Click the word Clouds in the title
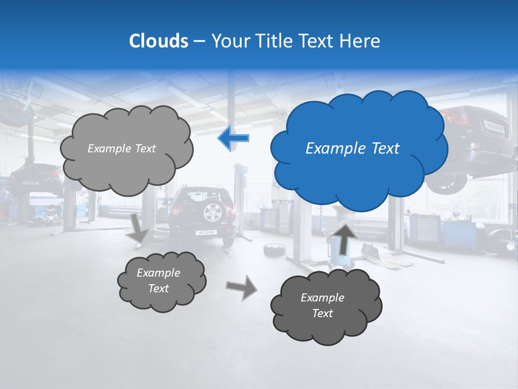(159, 41)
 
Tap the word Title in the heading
(275, 41)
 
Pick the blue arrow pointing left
(233, 138)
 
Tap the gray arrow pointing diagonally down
(139, 228)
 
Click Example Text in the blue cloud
(352, 149)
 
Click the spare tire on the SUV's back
(213, 212)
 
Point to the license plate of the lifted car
(494, 128)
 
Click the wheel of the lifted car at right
(447, 185)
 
